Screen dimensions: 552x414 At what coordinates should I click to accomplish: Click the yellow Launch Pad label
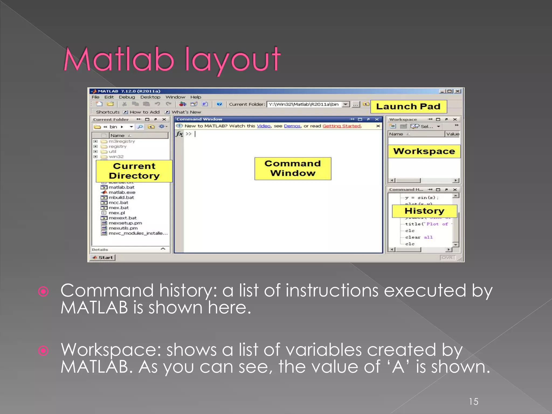pos(408,106)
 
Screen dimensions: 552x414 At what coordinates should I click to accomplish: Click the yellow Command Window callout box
pos(293,168)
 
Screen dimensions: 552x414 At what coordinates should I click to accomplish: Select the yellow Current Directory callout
pos(134,171)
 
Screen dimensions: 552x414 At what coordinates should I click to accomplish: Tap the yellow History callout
pos(424,211)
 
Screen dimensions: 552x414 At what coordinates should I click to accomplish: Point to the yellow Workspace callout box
pos(424,151)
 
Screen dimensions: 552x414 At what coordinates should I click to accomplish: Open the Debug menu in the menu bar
pos(127,97)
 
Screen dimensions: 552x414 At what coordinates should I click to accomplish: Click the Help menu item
pos(196,97)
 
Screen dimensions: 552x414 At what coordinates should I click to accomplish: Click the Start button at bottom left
pos(103,257)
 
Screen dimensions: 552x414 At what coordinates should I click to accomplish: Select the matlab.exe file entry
pos(122,192)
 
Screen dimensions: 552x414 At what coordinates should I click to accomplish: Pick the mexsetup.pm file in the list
pos(125,223)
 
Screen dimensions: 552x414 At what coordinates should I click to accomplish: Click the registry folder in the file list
pos(117,146)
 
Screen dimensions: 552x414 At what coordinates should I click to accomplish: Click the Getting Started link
pos(341,126)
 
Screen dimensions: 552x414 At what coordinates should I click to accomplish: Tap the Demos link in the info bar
pos(292,126)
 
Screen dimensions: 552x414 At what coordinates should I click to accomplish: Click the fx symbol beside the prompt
pos(179,134)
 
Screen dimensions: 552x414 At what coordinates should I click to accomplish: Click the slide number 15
pos(474,402)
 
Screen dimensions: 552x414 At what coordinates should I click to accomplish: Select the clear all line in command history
pos(419,237)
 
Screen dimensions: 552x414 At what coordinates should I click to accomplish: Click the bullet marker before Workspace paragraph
pos(43,351)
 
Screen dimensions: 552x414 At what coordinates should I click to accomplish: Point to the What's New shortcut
pos(186,112)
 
